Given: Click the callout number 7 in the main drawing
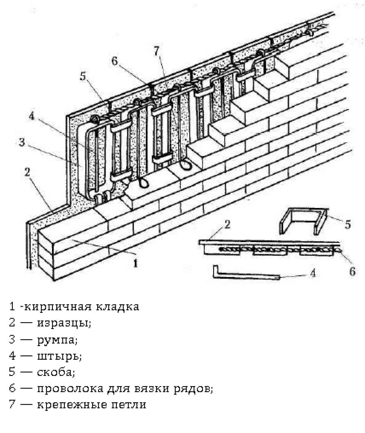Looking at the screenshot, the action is click(157, 51).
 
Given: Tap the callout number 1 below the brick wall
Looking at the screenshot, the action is click(135, 263).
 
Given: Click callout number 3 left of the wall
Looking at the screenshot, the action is click(22, 142).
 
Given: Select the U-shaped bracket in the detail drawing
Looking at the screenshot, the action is click(303, 221).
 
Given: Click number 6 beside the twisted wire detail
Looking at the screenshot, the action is click(353, 272).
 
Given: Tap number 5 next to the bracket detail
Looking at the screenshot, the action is click(348, 224).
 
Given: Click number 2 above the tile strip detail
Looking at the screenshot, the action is click(228, 224).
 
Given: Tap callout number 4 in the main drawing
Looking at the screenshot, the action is click(31, 116).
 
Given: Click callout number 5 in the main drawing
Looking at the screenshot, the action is click(83, 76).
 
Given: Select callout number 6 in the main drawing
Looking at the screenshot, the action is click(114, 61).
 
